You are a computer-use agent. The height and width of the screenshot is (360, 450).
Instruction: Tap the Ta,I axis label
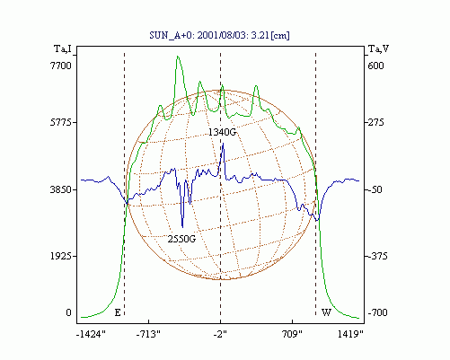[x=63, y=48]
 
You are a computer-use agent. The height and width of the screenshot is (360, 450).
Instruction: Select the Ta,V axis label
[x=379, y=48]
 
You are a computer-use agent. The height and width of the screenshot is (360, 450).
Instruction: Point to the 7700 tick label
[x=61, y=66]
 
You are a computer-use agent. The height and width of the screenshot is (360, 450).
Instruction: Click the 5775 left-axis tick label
[x=61, y=122]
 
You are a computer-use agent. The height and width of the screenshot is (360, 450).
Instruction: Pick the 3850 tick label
[x=61, y=189]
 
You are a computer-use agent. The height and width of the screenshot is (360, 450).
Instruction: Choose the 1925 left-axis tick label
[x=61, y=256]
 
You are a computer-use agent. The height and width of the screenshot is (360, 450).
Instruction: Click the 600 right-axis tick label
[x=375, y=66]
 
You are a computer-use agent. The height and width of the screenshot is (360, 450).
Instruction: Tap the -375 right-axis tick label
[x=377, y=256]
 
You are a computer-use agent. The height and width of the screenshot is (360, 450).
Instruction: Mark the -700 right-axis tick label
[x=377, y=312]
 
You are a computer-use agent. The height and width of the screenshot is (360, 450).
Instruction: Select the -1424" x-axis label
[x=91, y=334]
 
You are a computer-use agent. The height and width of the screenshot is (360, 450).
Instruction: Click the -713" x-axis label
[x=148, y=334]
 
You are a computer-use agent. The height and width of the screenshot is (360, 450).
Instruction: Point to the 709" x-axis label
[x=292, y=334]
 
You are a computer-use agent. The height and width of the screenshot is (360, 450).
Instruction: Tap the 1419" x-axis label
[x=350, y=334]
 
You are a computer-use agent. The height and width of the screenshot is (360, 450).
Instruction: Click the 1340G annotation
[x=222, y=132]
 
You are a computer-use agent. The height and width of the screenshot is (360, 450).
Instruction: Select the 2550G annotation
[x=181, y=239]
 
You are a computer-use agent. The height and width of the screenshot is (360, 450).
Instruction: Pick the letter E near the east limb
[x=118, y=313]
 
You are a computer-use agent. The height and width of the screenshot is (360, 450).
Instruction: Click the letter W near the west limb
[x=326, y=313]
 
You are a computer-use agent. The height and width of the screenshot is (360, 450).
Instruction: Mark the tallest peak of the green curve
[x=178, y=57]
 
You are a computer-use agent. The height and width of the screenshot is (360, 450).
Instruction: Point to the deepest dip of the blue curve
[x=182, y=227]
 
